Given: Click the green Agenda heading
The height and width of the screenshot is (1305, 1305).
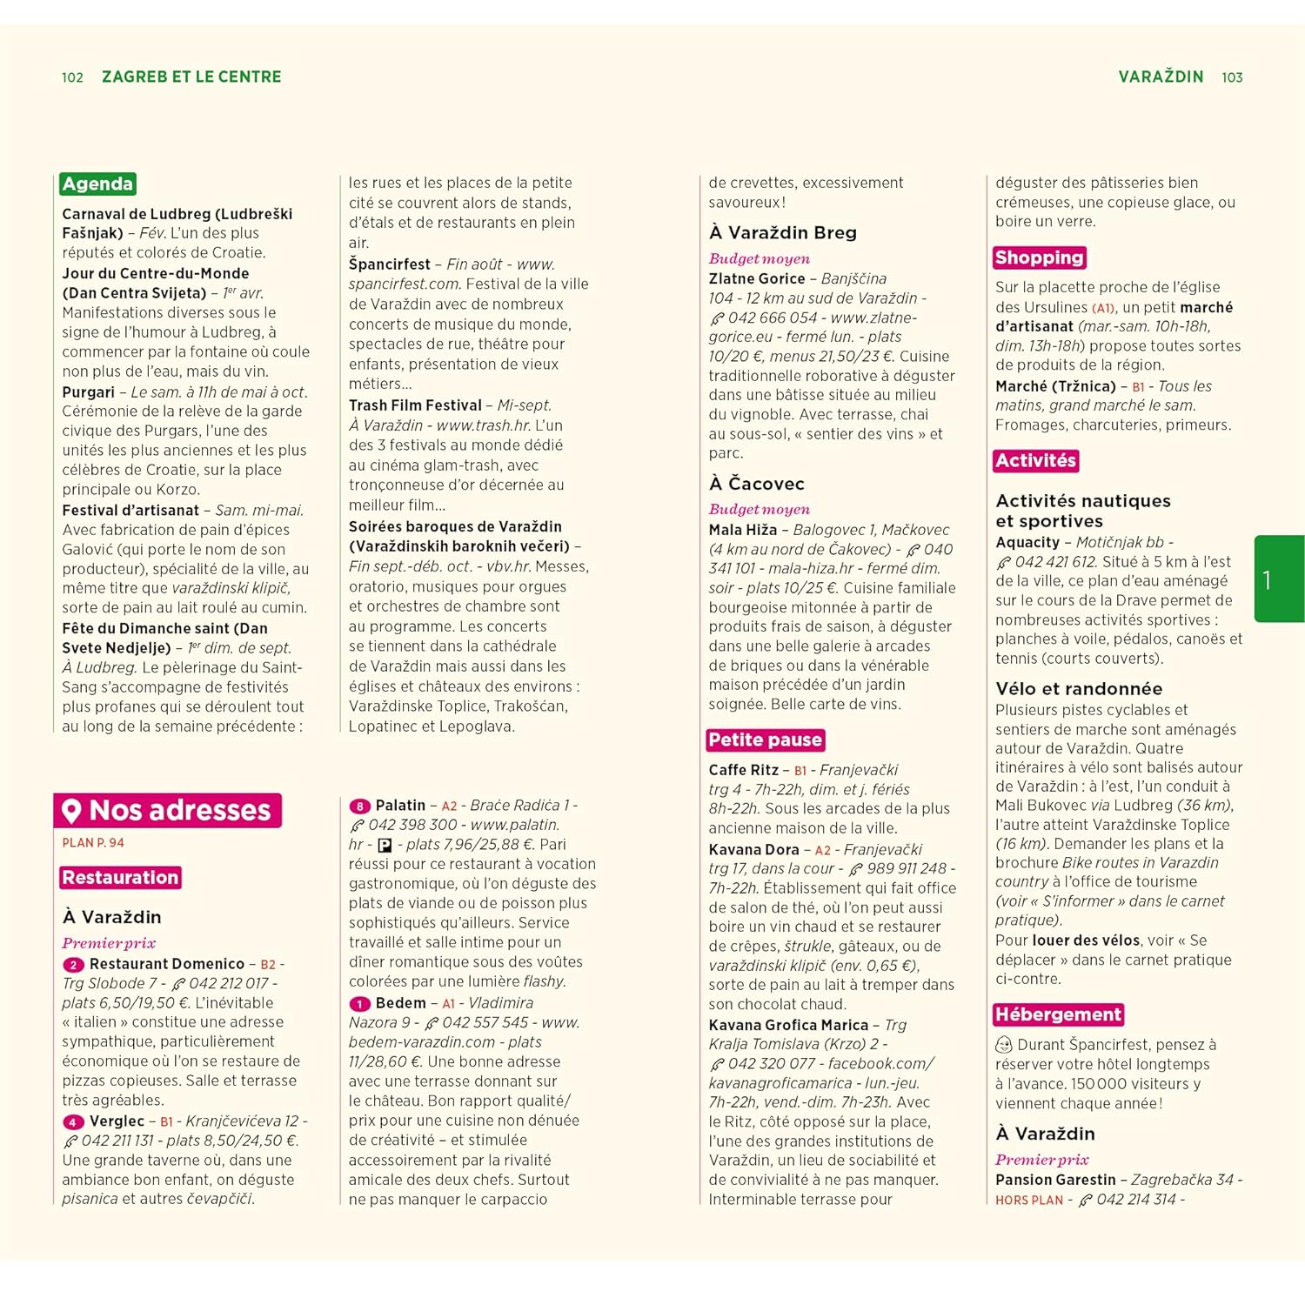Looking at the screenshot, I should click(x=97, y=184).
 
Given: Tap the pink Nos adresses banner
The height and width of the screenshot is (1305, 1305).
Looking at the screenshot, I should click(x=168, y=810).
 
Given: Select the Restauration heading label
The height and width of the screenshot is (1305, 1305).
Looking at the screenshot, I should click(x=120, y=877).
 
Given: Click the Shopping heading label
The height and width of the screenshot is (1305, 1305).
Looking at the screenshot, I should click(x=1039, y=258).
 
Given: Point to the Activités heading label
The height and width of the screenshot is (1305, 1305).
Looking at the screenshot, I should click(x=1035, y=460).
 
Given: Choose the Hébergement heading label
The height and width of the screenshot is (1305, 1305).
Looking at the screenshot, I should click(x=1058, y=1014).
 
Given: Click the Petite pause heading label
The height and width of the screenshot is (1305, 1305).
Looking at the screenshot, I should click(x=765, y=739).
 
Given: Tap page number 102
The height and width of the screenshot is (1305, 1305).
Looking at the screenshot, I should click(x=72, y=77).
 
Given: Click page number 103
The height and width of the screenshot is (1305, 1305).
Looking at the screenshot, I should click(x=1232, y=77).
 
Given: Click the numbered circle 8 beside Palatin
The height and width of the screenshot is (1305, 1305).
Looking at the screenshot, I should click(x=359, y=806).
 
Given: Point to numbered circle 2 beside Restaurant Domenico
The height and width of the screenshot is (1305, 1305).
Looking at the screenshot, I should click(x=73, y=965).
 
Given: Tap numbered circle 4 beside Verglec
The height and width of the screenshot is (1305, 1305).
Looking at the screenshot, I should click(x=73, y=1122).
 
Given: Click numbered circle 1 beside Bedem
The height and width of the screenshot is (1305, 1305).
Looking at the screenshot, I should click(x=359, y=1004).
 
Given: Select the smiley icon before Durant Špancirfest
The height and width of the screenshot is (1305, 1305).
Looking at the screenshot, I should click(x=1004, y=1045).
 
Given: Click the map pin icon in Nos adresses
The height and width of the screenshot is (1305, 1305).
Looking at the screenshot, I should click(x=72, y=811).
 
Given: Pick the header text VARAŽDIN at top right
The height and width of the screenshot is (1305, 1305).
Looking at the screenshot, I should click(x=1161, y=77).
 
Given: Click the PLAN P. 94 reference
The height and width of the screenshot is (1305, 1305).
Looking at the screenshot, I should click(x=93, y=842).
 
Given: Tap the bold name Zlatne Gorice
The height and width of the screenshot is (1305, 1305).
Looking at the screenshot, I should click(x=756, y=278).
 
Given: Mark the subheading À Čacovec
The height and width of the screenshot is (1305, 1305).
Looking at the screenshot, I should click(x=756, y=484).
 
